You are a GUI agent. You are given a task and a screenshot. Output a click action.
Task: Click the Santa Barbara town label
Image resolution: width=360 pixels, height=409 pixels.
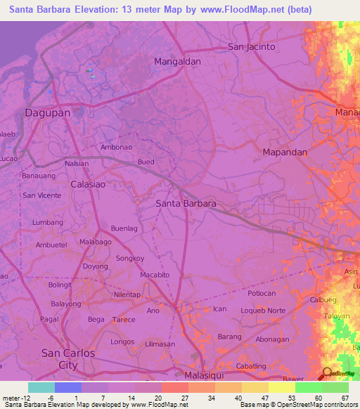[x=185, y=204]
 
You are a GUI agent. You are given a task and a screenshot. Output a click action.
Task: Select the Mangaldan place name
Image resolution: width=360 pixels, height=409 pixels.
[x=177, y=61]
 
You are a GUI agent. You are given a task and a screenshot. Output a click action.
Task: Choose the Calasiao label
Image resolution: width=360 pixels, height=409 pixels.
[x=89, y=184]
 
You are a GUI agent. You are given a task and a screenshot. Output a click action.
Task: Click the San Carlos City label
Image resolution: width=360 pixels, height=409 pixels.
[x=68, y=359]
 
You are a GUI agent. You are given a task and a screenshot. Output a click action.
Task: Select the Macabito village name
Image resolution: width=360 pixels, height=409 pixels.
[x=155, y=275]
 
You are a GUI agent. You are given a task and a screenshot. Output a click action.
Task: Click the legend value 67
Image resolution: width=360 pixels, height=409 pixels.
[x=344, y=398]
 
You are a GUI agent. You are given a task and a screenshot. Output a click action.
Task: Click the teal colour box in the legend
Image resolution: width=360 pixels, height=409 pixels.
[x=41, y=387]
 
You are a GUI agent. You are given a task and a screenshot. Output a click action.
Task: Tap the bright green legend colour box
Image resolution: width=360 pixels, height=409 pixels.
[x=309, y=387]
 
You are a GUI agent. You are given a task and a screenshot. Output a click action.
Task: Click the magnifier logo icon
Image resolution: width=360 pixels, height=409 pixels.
[x=327, y=373]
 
